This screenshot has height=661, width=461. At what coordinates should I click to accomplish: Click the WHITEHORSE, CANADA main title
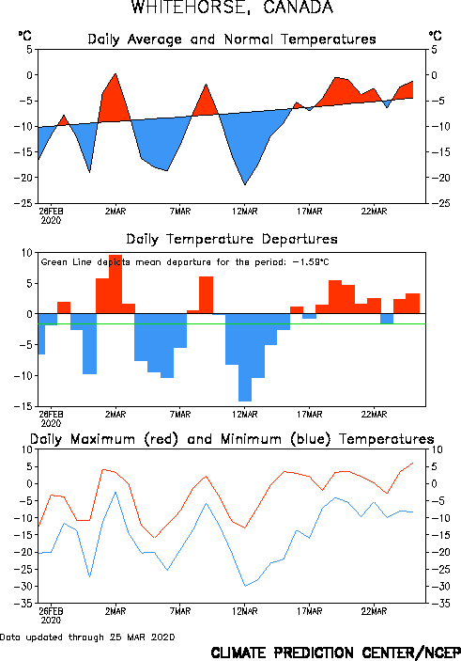tap(232, 8)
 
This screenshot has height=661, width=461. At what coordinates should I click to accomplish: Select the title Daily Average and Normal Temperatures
tap(232, 39)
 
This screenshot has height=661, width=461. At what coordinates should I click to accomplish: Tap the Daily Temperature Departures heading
tap(232, 239)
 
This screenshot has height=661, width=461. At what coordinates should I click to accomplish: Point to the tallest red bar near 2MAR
tap(115, 284)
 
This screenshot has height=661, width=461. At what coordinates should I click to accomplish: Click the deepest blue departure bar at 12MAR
tap(245, 357)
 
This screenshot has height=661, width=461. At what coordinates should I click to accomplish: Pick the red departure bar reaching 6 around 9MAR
tap(206, 295)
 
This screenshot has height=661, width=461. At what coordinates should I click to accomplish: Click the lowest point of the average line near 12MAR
tap(245, 184)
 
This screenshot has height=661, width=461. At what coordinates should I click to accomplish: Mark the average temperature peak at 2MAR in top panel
tap(115, 73)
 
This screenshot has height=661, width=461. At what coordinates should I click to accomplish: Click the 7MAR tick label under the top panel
tap(180, 212)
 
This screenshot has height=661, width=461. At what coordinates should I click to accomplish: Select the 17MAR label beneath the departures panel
tap(310, 415)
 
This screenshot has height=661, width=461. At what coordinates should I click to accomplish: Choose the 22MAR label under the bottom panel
tap(374, 611)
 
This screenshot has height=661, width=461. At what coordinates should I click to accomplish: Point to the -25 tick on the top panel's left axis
tap(23, 203)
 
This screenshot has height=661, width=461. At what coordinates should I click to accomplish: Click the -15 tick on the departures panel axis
tap(23, 406)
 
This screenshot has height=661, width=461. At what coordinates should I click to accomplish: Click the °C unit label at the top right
tap(436, 36)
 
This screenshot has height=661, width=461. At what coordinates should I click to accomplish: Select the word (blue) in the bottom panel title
tap(311, 439)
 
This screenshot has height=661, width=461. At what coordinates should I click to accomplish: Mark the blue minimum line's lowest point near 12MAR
tap(245, 586)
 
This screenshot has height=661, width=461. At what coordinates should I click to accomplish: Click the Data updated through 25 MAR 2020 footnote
tap(87, 637)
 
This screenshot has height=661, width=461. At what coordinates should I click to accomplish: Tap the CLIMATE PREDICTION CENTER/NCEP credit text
tap(335, 653)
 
